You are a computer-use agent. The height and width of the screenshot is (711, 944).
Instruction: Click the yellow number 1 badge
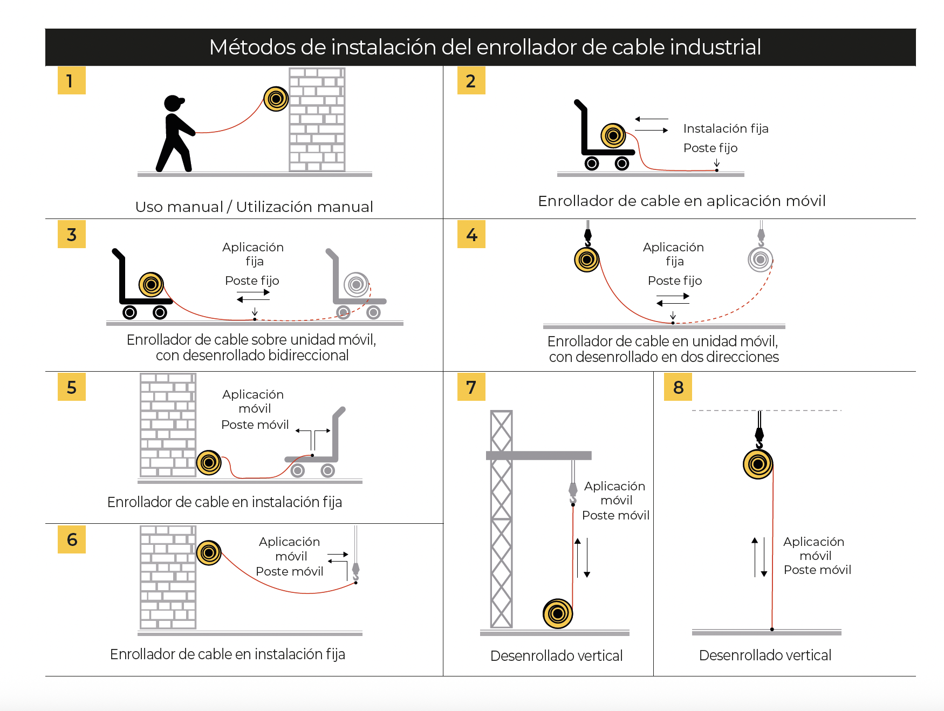[71, 80]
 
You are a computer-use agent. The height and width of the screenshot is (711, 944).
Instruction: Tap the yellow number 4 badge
[471, 234]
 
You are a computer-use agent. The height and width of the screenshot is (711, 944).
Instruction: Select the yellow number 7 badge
[471, 387]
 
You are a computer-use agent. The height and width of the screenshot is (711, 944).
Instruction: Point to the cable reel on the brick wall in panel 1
[276, 99]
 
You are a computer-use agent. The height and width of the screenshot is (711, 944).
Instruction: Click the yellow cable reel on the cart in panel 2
[613, 135]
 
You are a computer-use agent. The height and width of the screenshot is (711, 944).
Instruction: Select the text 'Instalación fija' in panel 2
[726, 128]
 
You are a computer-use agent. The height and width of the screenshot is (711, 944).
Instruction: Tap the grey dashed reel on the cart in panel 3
[356, 284]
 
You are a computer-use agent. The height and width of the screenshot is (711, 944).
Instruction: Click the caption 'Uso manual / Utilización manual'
[254, 207]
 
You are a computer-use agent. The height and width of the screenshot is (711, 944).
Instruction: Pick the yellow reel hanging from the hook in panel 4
[587, 259]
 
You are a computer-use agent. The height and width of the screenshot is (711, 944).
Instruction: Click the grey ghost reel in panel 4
[760, 259]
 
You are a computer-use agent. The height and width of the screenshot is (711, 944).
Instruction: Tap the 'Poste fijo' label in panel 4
[674, 281]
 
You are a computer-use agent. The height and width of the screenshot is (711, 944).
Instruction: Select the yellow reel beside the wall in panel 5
[209, 462]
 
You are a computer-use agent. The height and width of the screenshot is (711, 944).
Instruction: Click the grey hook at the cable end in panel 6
[355, 571]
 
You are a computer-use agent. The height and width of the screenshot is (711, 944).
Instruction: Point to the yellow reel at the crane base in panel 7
[558, 613]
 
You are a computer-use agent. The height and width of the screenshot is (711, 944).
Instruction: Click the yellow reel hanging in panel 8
[758, 464]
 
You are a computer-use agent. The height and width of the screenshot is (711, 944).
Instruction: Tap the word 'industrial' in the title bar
[715, 47]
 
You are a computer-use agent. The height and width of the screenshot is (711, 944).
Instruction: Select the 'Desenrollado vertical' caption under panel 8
[765, 655]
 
